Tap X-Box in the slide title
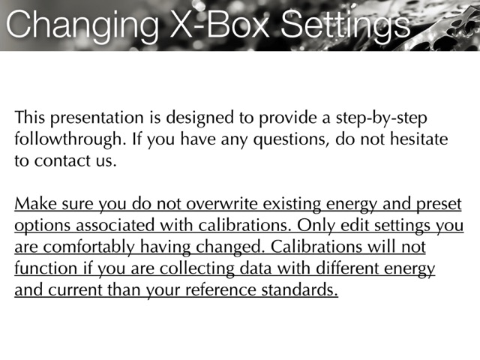(220, 24)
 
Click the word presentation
(97, 118)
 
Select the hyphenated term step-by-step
(382, 118)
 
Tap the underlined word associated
(115, 226)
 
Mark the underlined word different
(347, 268)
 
